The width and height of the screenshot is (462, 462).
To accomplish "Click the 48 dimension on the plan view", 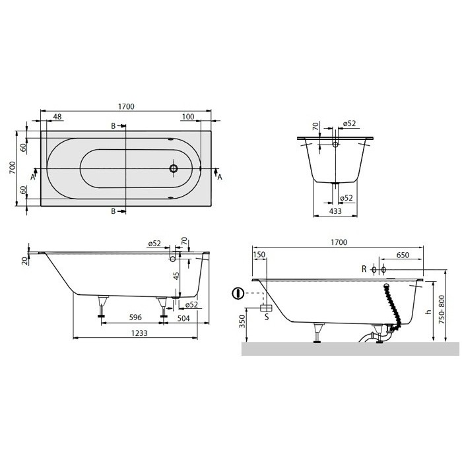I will [x=57, y=117].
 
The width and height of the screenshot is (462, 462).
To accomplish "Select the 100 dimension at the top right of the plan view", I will [x=187, y=117].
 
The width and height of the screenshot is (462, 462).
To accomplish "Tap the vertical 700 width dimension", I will [x=12, y=168].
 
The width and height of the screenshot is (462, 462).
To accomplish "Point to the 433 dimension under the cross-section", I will [x=335, y=211].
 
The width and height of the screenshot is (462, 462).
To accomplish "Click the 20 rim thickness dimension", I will [x=25, y=260].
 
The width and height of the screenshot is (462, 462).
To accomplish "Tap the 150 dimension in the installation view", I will [x=259, y=255].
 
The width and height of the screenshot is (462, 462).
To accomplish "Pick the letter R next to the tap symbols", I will [x=364, y=270].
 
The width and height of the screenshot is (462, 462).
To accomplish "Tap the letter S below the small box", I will [x=266, y=317].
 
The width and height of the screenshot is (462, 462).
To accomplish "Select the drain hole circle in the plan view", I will [x=173, y=168].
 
